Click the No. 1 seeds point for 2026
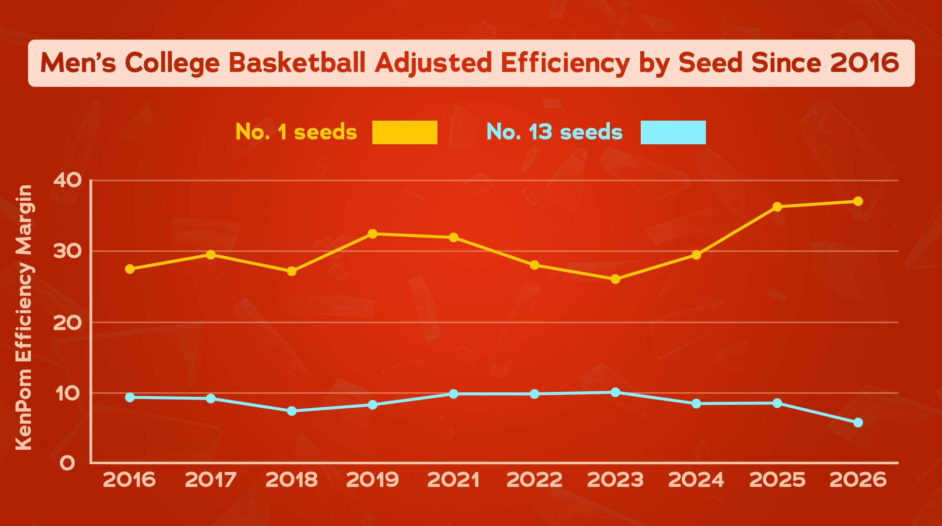coord(858,201)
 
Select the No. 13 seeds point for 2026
coord(858,423)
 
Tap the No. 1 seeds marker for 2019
coord(372,234)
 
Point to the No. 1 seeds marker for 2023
coord(615,279)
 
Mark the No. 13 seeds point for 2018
coord(292,411)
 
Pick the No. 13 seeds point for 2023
coord(615,392)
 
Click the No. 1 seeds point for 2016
coord(130,269)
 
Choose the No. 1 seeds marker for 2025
coord(777,207)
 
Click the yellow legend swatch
coord(405,132)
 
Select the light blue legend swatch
coord(673,132)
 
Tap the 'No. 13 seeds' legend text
coord(554,132)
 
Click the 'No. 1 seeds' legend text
coord(296,132)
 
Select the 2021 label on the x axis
coord(453,480)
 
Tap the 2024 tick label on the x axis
coord(696,480)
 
